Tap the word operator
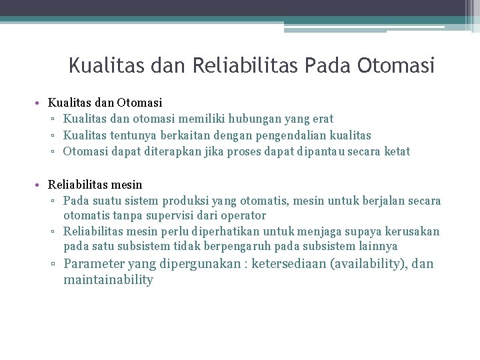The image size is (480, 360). [243, 215]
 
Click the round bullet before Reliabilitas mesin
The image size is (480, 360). [40, 185]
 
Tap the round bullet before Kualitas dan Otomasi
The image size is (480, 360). [40, 103]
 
